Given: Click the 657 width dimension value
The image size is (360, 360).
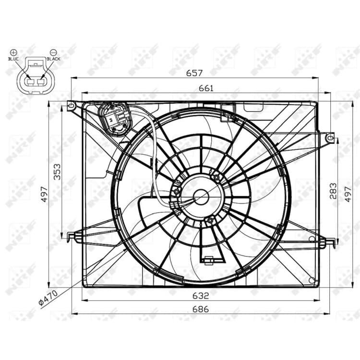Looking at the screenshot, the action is click(x=194, y=73).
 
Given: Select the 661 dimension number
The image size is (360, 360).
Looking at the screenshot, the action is click(x=206, y=88).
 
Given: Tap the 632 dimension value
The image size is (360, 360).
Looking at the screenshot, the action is click(x=201, y=296).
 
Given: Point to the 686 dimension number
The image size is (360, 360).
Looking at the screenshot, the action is click(x=201, y=309).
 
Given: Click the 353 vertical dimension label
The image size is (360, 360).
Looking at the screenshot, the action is click(x=57, y=172).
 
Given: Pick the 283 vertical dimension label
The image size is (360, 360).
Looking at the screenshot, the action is click(x=333, y=191).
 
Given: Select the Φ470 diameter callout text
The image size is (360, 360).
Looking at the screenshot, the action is click(x=48, y=298).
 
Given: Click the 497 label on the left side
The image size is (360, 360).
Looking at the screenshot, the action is click(x=44, y=194).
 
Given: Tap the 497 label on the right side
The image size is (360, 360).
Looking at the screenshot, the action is click(x=348, y=194).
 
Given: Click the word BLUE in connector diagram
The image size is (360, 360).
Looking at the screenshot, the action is click(x=13, y=59).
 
